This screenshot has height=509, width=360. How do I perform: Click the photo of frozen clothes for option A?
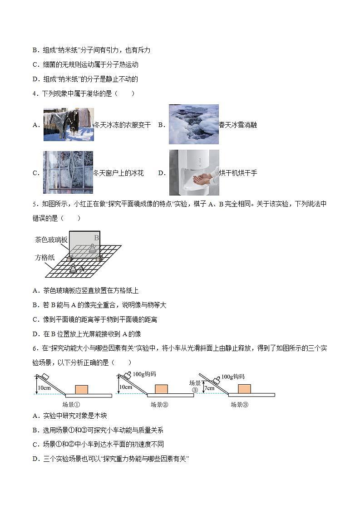coord(69,124)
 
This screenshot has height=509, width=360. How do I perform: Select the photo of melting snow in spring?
coord(193,124)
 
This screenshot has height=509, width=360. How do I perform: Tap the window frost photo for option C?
coord(68,172)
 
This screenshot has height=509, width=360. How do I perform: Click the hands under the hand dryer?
coord(202,178)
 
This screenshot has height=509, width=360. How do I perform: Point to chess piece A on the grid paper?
coord(73,268)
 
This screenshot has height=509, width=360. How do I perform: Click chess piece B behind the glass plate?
coord(93,248)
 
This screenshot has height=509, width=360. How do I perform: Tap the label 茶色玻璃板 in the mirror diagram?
coord(51,240)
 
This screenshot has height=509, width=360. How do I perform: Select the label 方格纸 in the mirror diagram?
coord(45,257)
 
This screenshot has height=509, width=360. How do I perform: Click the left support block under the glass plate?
coord(70,259)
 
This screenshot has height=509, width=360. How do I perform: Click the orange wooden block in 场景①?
coord(82,390)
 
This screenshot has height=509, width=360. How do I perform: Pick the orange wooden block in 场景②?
coord(161,389)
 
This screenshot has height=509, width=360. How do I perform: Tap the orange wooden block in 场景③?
coord(244,389)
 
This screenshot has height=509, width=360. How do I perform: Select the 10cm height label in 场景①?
coord(44,387)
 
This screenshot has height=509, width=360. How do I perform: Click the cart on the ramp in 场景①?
coord(44,377)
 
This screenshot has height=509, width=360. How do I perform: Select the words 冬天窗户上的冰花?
coord(118,173)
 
